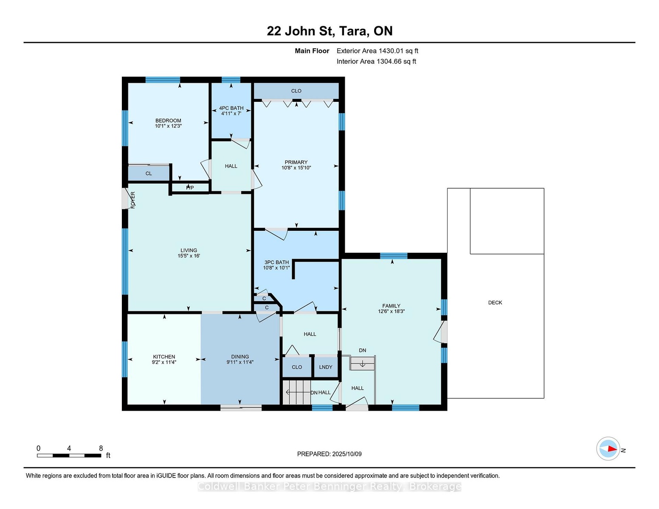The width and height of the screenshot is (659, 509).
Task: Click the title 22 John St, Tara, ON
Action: tap(329, 31)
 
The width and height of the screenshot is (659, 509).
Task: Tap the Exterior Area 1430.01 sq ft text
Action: tap(377, 51)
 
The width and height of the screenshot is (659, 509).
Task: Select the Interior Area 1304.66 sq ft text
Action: tap(376, 62)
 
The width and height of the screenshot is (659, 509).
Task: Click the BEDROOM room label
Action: tap(168, 120)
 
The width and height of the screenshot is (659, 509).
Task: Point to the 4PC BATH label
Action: tap(231, 108)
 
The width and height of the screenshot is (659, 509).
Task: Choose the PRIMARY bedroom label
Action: tap(296, 162)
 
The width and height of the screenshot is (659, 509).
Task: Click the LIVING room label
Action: tap(189, 250)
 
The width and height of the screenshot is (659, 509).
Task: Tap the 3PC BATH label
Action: tap(276, 263)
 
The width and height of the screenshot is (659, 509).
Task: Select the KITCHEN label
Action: tap(164, 357)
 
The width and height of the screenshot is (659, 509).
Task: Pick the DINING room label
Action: tap(240, 357)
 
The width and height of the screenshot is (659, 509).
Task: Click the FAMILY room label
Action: tap(391, 306)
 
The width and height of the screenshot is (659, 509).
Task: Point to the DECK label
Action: tap(495, 303)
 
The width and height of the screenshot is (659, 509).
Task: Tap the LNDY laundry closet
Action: tap(326, 367)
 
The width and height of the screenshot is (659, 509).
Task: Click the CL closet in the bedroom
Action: tap(149, 173)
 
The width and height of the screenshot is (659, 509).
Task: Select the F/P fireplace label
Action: tap(190, 188)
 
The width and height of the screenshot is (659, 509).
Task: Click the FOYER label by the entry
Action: tap(133, 200)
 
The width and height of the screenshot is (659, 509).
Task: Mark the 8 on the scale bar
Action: tap(101, 448)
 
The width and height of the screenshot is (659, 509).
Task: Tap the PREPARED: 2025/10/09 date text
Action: tap(329, 454)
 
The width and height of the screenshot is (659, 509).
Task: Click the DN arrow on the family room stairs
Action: tap(363, 364)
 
